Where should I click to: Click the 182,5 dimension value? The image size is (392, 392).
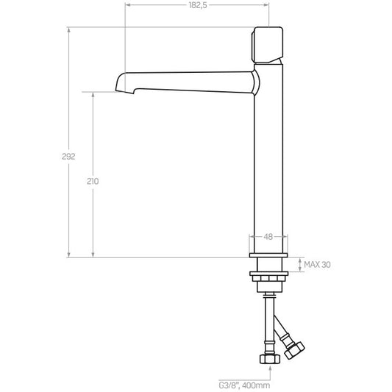(198, 5)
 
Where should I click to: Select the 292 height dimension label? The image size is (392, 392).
(68, 156)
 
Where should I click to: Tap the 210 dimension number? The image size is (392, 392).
(93, 181)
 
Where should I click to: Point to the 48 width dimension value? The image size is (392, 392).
(268, 237)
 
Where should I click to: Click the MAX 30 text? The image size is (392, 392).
(317, 265)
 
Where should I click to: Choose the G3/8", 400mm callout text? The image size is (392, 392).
(244, 385)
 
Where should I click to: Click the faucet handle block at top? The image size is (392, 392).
(267, 45)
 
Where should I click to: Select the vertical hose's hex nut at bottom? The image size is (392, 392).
(270, 359)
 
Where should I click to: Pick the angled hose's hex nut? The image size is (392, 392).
(295, 350)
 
